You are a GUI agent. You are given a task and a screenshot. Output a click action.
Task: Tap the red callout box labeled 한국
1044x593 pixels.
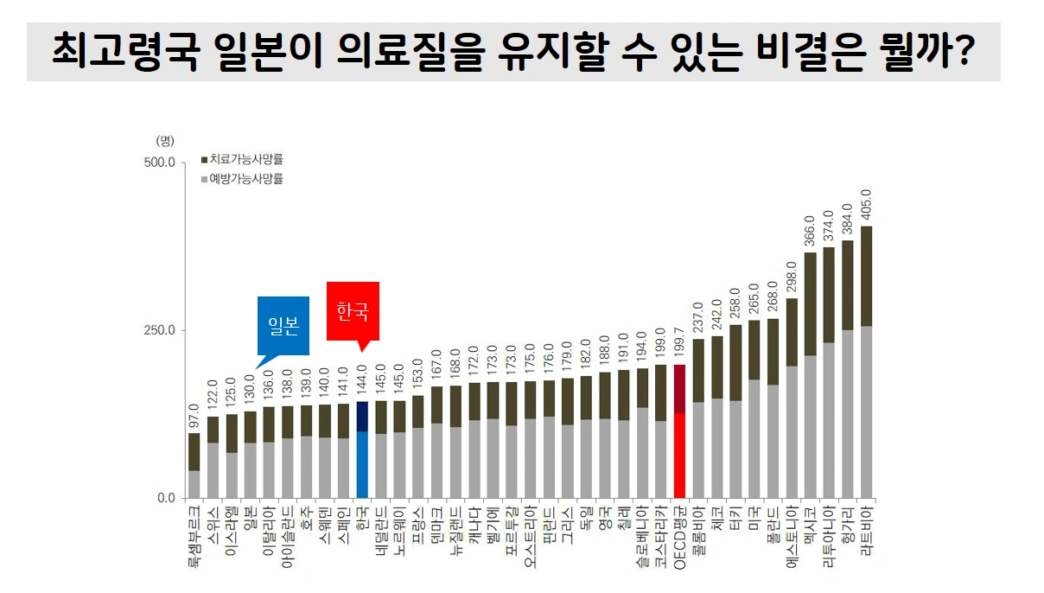coord(353,311)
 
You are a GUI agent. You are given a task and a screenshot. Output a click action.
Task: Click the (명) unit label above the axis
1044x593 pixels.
coord(164,140)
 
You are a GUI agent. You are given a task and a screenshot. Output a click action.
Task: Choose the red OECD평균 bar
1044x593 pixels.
coord(679,432)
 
